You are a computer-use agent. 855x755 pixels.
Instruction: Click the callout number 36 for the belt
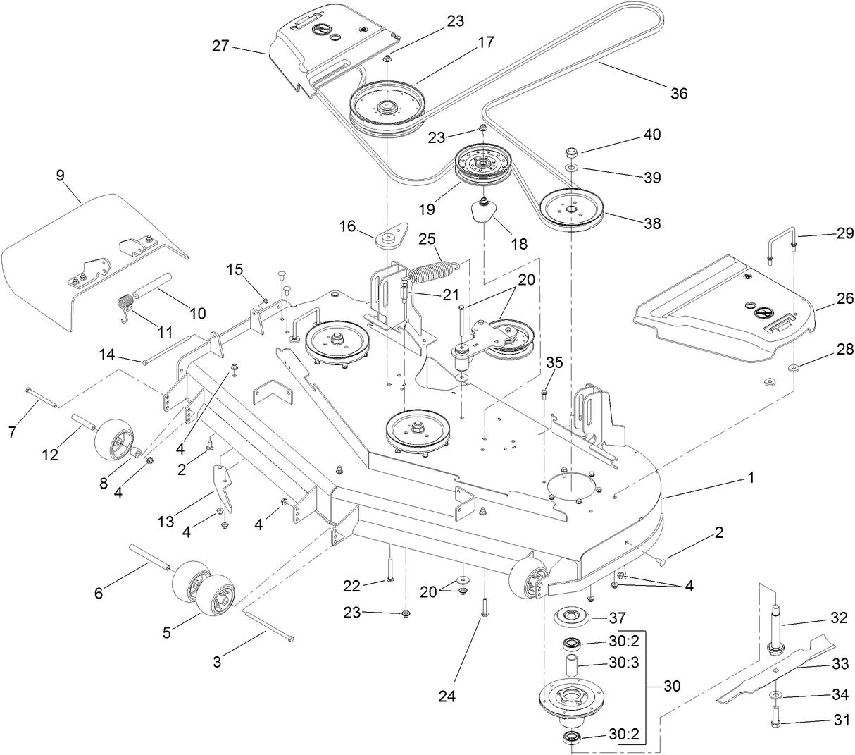678,93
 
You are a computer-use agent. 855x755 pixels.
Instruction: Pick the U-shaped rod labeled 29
781,244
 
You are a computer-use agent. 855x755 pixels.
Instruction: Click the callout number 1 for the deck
750,477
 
